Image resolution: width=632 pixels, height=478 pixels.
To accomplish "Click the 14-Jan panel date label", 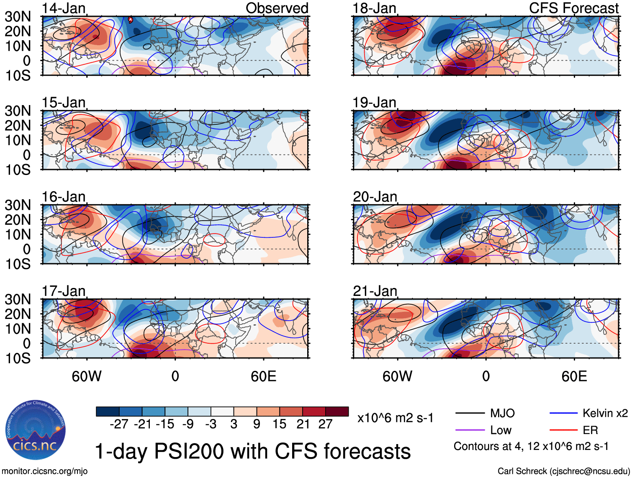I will [x=64, y=8].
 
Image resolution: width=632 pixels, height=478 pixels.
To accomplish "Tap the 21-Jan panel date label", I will [x=375, y=291].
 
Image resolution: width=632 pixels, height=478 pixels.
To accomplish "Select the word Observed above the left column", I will [x=277, y=8].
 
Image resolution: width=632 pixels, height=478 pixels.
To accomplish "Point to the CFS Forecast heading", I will [x=573, y=8].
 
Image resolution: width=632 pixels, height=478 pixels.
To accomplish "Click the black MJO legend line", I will [x=470, y=414].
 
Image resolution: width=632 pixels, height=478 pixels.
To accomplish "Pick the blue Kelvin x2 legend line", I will [x=563, y=414].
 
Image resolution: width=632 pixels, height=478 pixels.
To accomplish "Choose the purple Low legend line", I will [x=470, y=430].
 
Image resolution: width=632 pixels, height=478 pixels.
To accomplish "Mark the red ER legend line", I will [x=563, y=430].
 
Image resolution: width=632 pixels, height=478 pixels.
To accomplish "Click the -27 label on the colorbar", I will [x=119, y=424].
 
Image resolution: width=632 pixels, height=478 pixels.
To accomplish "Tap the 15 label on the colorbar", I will [x=279, y=424].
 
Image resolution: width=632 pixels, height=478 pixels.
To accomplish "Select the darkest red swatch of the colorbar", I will [x=337, y=411].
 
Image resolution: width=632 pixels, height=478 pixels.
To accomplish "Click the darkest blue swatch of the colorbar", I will [x=108, y=411].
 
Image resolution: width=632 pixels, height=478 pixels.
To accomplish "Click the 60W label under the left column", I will [x=87, y=376].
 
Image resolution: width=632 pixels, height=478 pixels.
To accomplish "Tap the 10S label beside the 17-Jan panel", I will [x=18, y=358].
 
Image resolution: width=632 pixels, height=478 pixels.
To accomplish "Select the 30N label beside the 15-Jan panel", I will [x=18, y=111].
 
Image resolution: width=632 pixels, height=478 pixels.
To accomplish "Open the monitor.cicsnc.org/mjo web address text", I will [x=45, y=471].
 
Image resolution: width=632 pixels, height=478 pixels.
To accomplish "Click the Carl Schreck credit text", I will [x=563, y=471].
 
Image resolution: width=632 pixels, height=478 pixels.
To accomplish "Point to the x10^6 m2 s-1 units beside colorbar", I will [x=395, y=418].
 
